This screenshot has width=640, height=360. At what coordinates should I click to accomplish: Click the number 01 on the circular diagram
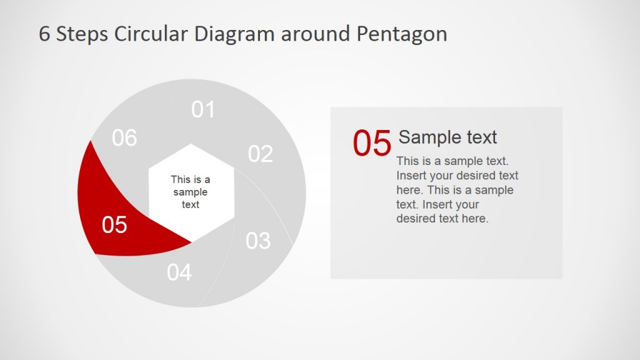(x=203, y=109)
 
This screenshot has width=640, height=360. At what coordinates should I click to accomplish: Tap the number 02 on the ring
(x=260, y=154)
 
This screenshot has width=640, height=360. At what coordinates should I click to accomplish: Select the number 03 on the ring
(x=257, y=241)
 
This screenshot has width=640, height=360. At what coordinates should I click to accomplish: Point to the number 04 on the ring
(x=179, y=272)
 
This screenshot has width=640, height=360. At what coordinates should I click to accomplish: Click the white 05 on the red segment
(x=114, y=225)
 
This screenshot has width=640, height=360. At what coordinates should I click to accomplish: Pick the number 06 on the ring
(x=124, y=138)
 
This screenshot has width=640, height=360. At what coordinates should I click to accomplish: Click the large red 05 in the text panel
(x=372, y=143)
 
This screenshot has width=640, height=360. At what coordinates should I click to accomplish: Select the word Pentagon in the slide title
(x=402, y=34)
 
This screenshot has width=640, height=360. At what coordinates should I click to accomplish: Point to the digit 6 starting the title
(x=44, y=34)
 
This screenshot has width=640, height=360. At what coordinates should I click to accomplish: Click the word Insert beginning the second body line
(x=410, y=176)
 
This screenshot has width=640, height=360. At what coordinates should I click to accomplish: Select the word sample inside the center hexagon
(x=191, y=192)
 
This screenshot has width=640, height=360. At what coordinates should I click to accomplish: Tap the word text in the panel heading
(x=481, y=137)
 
